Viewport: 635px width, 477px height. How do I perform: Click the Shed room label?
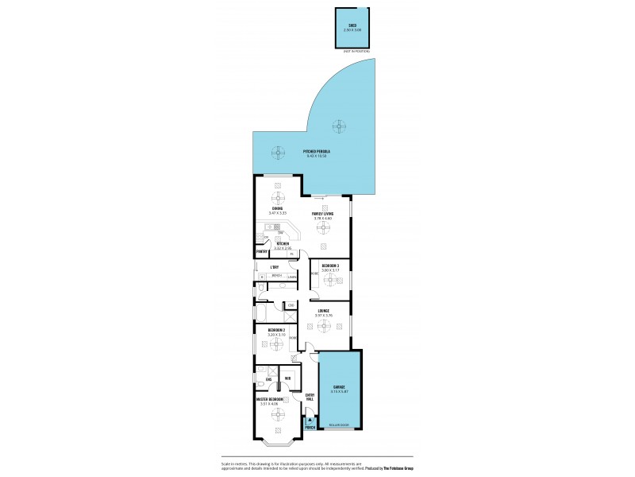point(351,25)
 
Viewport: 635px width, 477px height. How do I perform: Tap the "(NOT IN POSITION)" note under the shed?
point(356,51)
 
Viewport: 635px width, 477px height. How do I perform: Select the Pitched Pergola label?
point(316,151)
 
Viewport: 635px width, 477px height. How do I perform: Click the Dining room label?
point(277,209)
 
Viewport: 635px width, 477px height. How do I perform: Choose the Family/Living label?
point(322,214)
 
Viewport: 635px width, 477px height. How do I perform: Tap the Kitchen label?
point(283,244)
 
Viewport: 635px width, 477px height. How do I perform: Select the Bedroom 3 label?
point(329,266)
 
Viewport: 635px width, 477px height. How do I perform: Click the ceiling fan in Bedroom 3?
point(330,279)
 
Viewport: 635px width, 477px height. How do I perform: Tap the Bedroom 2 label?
point(276,330)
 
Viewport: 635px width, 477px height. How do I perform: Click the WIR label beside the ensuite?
point(287,378)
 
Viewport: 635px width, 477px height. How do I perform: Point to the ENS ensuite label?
point(259,378)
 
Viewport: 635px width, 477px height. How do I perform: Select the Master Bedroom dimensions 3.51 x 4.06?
point(269,404)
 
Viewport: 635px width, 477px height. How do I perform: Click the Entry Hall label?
point(310,397)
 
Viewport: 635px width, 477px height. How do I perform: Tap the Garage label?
point(339,387)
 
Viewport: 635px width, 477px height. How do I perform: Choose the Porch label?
point(310,428)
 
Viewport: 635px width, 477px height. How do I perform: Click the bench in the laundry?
point(277,276)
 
